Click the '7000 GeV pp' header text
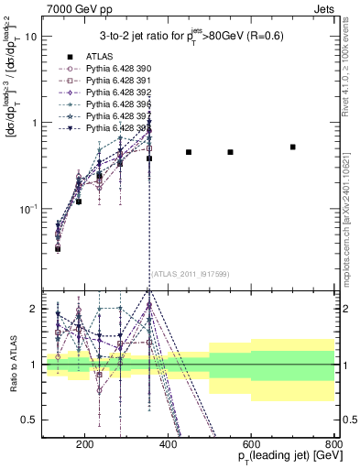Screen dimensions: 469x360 (71, 7)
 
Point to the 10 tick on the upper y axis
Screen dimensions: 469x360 (30, 37)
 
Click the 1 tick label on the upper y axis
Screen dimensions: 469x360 (33, 123)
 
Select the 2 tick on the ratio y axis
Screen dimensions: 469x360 (33, 309)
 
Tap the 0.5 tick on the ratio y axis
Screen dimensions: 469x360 (28, 420)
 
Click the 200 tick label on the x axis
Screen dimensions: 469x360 (84, 447)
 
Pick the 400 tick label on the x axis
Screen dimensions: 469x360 (168, 447)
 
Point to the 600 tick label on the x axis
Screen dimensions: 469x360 (251, 447)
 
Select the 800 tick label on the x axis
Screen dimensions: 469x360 (333, 447)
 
